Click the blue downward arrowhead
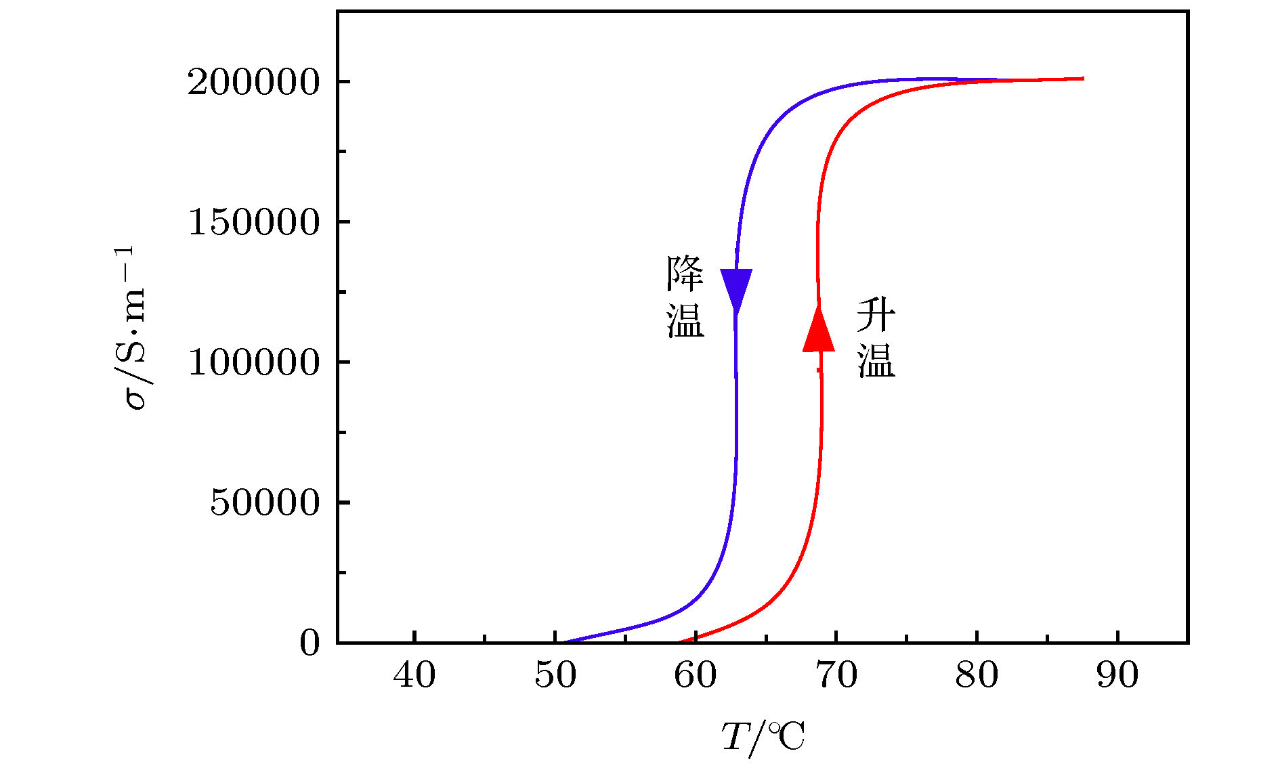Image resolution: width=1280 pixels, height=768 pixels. [x=736, y=289]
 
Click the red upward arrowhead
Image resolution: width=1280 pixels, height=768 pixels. [x=819, y=330]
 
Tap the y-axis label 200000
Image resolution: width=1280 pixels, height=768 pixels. [x=253, y=83]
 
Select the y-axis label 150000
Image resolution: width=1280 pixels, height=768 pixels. [x=253, y=223]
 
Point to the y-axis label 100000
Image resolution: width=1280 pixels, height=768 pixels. [x=253, y=363]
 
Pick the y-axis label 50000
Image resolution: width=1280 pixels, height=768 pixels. [x=264, y=503]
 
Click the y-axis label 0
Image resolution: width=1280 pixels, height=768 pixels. [x=310, y=643]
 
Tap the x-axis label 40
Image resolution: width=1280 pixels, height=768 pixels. [x=414, y=675]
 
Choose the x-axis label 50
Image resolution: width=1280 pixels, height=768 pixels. [x=555, y=675]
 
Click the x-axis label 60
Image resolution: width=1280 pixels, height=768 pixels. [x=696, y=675]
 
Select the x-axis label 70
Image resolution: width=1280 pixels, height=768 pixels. [x=836, y=675]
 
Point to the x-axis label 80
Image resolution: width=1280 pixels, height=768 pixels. [x=977, y=675]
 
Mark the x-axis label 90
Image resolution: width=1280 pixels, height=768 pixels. [x=1117, y=675]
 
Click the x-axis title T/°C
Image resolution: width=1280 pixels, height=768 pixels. [x=763, y=738]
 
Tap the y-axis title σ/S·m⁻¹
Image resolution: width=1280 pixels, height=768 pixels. [x=133, y=328]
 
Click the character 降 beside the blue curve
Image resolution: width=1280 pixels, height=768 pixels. [x=685, y=275]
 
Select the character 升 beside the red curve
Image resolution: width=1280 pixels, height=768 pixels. [x=876, y=315]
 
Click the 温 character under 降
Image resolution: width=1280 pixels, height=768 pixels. [x=685, y=320]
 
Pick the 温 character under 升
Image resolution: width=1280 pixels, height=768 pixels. [x=876, y=360]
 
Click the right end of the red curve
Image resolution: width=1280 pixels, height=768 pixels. [x=1082, y=79]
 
